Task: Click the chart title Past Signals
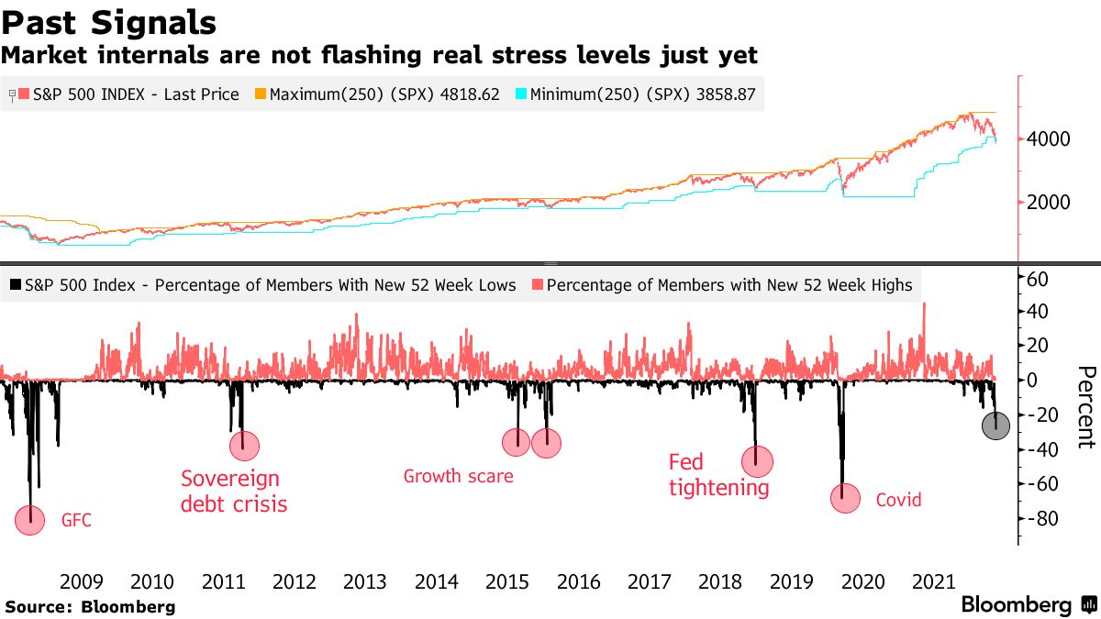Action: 109,22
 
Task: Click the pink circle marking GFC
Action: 30,520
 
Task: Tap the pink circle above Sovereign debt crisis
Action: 245,447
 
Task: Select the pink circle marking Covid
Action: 845,499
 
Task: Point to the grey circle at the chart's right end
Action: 995,426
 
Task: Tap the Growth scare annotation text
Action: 458,476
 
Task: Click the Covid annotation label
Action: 898,501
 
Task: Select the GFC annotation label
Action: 76,521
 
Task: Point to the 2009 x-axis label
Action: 81,581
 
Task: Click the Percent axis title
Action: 1085,407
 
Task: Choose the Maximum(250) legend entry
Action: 377,94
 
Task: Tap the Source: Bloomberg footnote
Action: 90,607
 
